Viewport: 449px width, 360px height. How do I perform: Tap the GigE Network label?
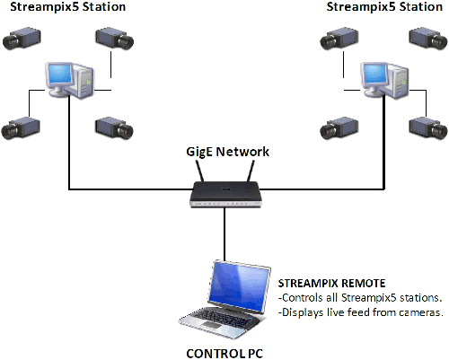click(x=227, y=152)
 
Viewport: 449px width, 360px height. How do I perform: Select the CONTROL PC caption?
click(x=224, y=354)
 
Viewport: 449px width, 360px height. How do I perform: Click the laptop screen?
click(x=239, y=286)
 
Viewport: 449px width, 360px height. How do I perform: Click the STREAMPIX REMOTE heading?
click(x=331, y=283)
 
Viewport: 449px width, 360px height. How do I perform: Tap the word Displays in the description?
click(x=303, y=312)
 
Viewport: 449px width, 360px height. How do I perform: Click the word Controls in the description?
click(x=303, y=298)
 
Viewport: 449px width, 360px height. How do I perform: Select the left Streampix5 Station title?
click(x=68, y=6)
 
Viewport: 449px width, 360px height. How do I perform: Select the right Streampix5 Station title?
click(x=384, y=6)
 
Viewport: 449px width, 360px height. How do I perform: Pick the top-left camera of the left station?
click(x=22, y=38)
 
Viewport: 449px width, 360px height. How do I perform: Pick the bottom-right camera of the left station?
click(x=114, y=128)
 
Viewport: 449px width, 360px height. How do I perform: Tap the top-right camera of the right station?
click(x=428, y=38)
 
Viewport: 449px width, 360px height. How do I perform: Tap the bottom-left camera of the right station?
click(x=339, y=128)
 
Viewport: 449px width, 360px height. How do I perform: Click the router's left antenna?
click(x=200, y=171)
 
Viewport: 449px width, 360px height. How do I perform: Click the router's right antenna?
click(x=251, y=171)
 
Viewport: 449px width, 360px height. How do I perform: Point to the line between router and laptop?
click(x=224, y=234)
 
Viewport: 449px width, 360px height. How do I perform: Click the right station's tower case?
click(x=398, y=81)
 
